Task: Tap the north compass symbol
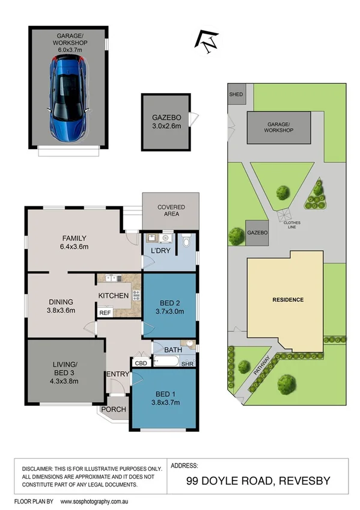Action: click(x=207, y=41)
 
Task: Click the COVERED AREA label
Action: click(x=171, y=211)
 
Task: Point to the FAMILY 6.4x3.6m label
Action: click(x=74, y=242)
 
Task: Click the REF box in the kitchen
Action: click(x=105, y=313)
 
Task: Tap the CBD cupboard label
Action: click(x=141, y=363)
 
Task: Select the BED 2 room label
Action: click(x=169, y=307)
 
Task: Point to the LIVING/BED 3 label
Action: click(x=64, y=373)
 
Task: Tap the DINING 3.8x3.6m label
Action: click(x=61, y=307)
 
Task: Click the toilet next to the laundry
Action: click(x=188, y=242)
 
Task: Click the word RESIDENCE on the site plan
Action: click(x=288, y=300)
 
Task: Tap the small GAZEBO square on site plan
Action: click(x=257, y=232)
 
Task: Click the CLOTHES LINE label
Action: click(x=293, y=225)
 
